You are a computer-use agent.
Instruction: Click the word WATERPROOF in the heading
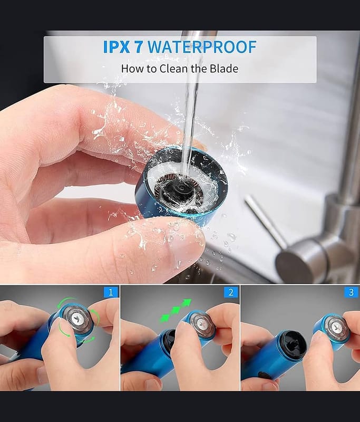pyautogui.click(x=202, y=47)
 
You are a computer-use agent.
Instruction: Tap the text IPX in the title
pyautogui.click(x=116, y=47)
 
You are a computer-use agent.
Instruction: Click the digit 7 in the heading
pyautogui.click(x=139, y=47)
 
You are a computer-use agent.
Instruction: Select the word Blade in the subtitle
pyautogui.click(x=224, y=69)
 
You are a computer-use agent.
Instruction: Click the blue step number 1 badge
pyautogui.click(x=111, y=292)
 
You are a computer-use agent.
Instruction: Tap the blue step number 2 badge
pyautogui.click(x=231, y=292)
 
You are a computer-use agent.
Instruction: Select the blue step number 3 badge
pyautogui.click(x=352, y=292)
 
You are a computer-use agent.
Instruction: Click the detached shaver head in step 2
pyautogui.click(x=201, y=325)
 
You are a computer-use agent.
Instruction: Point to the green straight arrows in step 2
pyautogui.click(x=176, y=311)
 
